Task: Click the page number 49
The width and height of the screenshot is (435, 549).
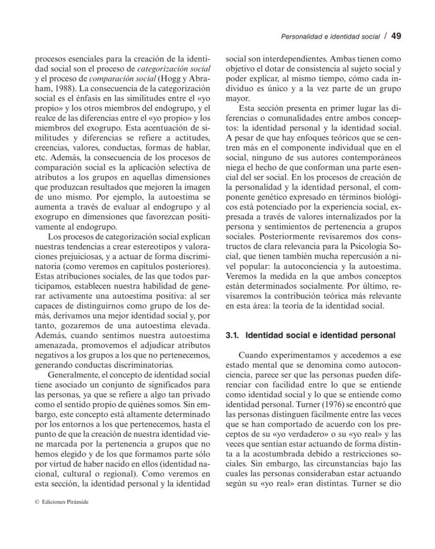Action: pos(397,36)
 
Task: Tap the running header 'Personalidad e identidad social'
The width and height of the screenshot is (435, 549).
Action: pos(330,37)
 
